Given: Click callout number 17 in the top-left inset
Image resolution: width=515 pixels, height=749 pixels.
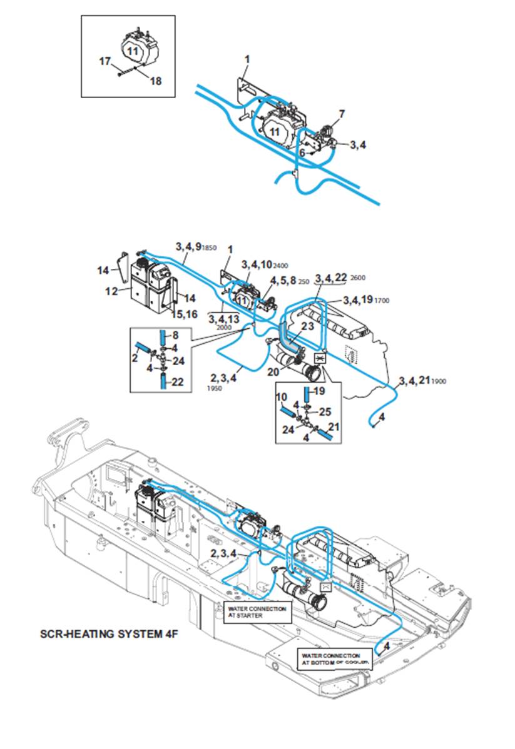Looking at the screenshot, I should (x=105, y=61).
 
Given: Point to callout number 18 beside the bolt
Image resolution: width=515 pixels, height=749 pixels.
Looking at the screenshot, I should (x=155, y=81).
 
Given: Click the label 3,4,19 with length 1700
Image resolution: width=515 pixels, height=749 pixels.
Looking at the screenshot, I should (x=366, y=300).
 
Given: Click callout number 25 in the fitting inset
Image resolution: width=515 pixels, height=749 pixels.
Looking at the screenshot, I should (x=324, y=411).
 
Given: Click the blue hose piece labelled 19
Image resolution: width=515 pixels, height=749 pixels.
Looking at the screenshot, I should (x=308, y=395).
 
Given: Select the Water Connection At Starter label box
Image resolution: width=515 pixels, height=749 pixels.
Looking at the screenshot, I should (x=257, y=611).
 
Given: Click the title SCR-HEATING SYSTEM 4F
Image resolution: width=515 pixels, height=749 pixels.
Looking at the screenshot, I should (x=110, y=633).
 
